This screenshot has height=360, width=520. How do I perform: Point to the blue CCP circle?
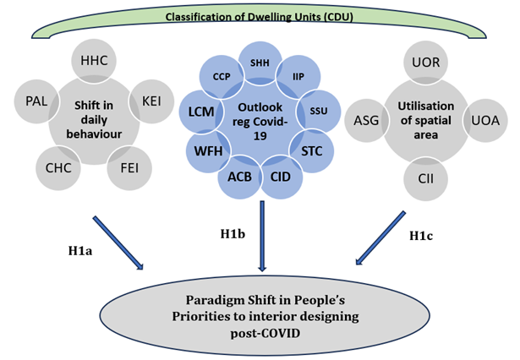pyautogui.click(x=222, y=75)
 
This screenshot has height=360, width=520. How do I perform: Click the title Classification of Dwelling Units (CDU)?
pyautogui.click(x=259, y=16)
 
